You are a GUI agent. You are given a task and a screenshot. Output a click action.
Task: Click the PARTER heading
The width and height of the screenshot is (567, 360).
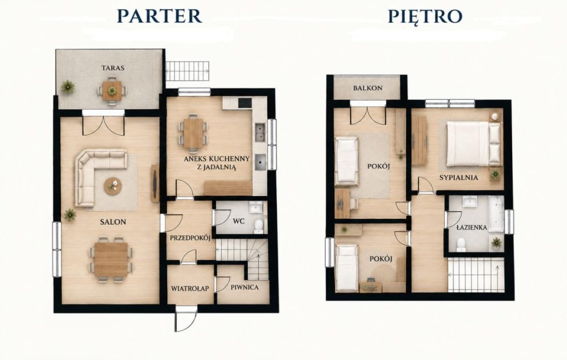click(159, 16)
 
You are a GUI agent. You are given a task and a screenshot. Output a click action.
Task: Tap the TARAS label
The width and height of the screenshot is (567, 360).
click(113, 68)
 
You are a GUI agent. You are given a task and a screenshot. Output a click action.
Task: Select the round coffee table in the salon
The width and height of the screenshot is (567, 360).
click(113, 186)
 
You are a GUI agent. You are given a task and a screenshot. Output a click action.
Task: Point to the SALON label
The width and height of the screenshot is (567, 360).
click(113, 222)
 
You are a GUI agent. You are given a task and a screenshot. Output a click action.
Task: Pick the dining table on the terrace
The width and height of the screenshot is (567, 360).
click(112, 90)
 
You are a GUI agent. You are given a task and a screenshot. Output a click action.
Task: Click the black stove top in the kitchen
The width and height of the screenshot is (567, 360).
click(245, 103)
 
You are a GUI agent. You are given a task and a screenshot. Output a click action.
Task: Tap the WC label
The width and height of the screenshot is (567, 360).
click(239, 220)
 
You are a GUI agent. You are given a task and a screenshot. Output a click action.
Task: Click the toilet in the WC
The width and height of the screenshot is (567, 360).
click(259, 225)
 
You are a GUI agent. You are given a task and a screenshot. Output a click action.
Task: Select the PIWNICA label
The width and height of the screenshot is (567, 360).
click(245, 287)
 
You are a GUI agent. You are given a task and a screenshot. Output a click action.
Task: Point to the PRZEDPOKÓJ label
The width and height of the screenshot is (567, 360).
click(190, 238)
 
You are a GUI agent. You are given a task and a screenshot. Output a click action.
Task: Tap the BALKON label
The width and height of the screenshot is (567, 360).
click(368, 88)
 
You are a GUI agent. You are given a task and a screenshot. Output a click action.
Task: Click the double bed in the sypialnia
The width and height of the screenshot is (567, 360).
click(474, 143)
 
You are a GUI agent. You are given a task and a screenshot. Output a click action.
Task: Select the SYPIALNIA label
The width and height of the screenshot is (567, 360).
click(458, 178)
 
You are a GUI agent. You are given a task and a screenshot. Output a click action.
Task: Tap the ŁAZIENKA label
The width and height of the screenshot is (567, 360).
click(472, 228)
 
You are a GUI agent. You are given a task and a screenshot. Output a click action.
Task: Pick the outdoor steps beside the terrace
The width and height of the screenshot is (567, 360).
click(188, 71)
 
